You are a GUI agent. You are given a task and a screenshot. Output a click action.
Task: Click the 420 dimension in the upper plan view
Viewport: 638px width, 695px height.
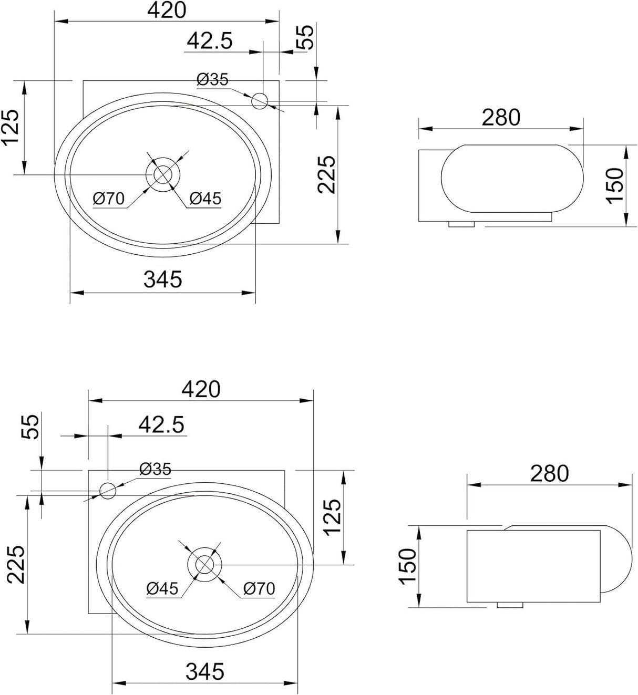tap(167, 10)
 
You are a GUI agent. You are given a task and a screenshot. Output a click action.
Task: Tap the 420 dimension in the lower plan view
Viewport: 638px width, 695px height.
tap(201, 389)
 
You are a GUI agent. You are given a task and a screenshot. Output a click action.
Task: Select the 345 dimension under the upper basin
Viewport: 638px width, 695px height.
tap(162, 279)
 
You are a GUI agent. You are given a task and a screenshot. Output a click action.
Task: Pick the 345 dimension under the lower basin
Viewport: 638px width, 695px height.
tap(205, 672)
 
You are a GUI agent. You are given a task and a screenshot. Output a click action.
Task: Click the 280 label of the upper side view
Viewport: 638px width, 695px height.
tap(501, 118)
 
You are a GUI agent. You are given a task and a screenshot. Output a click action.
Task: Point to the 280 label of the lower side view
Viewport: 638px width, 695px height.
tap(550, 473)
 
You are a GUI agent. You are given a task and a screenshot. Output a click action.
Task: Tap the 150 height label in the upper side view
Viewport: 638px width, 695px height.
tap(614, 186)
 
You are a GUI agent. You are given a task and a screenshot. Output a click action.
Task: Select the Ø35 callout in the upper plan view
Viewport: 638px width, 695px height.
tap(212, 80)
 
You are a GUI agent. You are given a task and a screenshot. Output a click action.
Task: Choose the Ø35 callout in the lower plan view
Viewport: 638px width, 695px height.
tap(156, 469)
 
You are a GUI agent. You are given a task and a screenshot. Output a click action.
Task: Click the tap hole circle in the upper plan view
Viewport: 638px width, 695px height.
tap(260, 101)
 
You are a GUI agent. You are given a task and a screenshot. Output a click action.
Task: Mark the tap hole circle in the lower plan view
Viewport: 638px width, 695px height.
tap(108, 491)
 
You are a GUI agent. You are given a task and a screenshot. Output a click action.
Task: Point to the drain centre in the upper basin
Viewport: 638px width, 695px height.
tap(163, 174)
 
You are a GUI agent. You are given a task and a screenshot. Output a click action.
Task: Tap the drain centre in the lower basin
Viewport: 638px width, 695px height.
tap(204, 564)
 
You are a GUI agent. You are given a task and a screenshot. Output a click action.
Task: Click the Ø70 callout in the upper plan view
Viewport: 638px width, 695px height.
tap(109, 199)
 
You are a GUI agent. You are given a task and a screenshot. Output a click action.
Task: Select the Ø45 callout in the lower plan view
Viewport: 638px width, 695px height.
tap(162, 589)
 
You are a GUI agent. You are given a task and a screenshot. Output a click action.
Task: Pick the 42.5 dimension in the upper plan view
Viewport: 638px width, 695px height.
tap(210, 41)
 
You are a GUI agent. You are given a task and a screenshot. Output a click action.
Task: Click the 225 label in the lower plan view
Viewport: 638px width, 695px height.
tap(16, 565)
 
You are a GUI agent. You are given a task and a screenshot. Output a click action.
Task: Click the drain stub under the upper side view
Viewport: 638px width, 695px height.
tap(461, 224)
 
